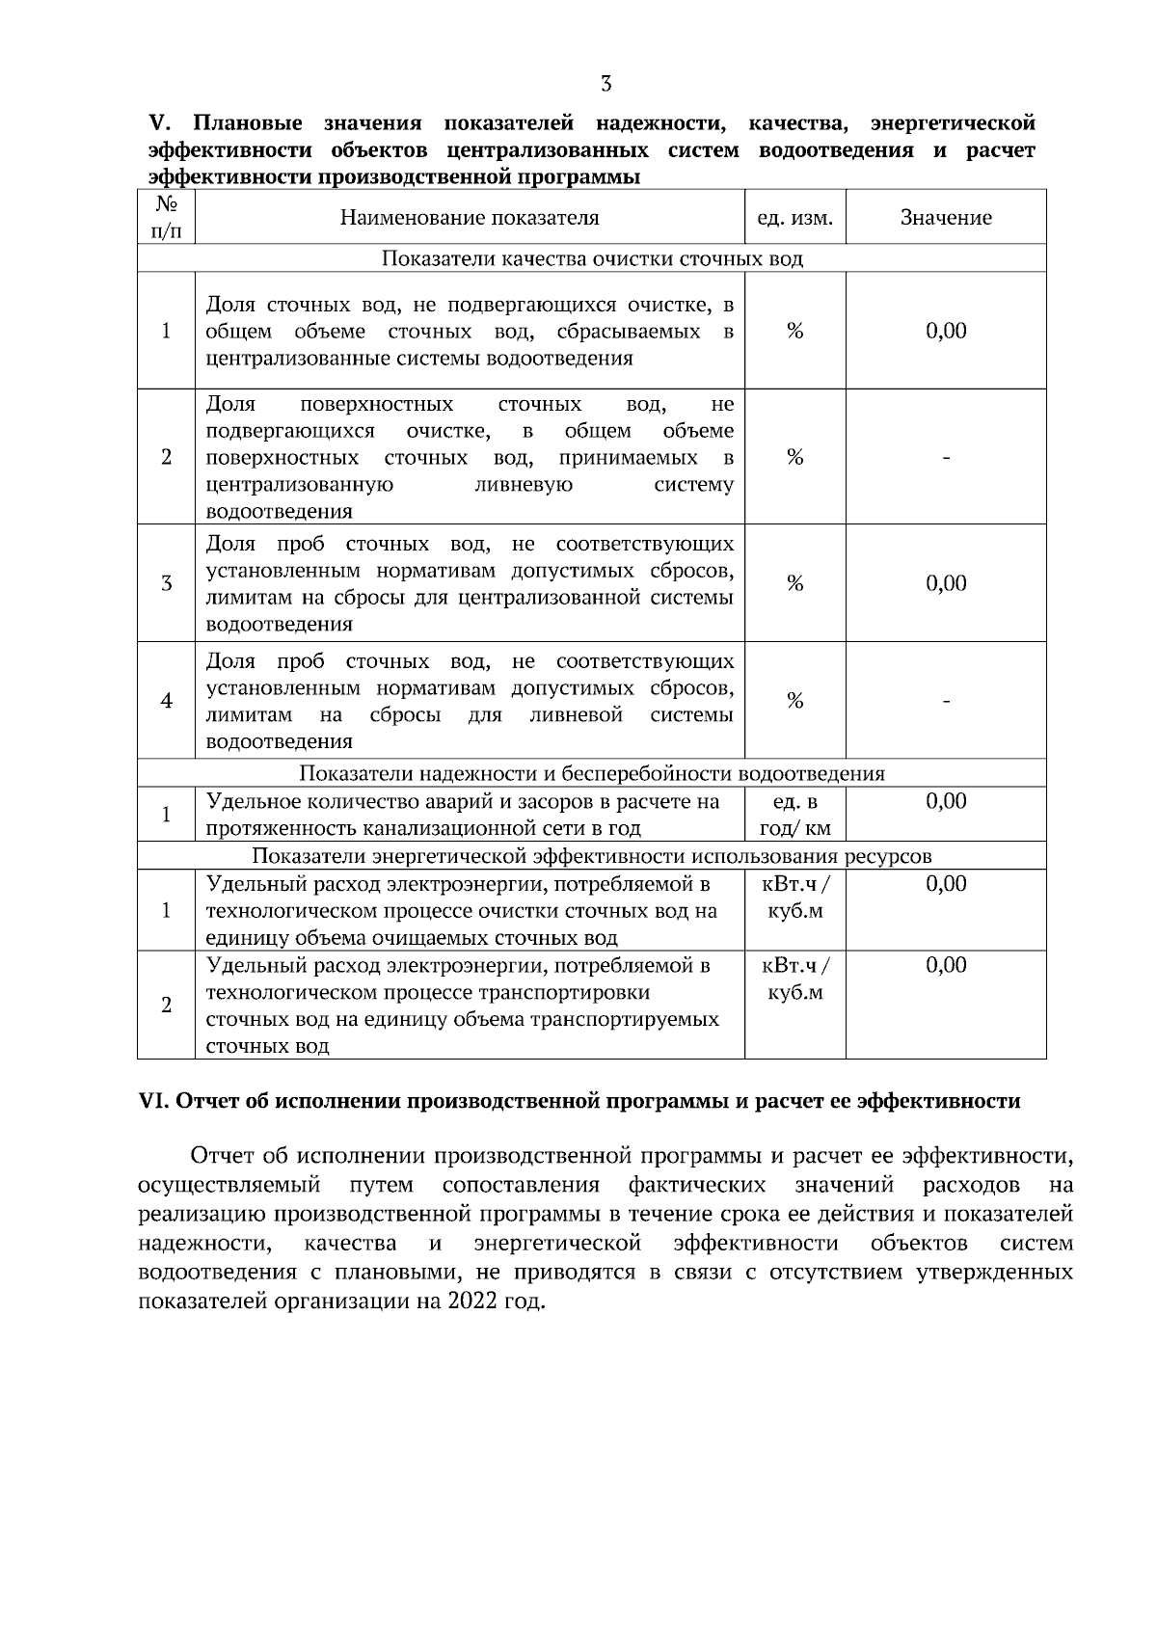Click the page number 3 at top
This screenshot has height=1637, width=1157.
click(x=605, y=84)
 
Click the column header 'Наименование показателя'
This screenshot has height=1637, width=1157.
click(x=470, y=218)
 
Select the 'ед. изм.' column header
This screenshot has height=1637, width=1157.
click(x=794, y=218)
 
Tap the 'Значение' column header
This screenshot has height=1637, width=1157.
click(x=946, y=218)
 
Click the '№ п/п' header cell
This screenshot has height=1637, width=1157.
click(x=166, y=218)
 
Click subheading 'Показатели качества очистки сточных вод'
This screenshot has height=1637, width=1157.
click(x=592, y=259)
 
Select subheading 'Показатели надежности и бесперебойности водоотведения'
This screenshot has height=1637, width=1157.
click(x=592, y=774)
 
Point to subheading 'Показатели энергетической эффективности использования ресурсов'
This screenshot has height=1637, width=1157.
click(x=592, y=857)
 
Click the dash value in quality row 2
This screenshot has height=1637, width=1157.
click(x=946, y=458)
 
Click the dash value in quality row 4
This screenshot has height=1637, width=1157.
click(x=946, y=701)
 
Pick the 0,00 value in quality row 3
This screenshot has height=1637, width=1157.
click(x=946, y=583)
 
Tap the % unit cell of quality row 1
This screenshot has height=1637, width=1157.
click(x=794, y=331)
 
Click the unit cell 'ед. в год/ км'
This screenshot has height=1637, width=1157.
click(x=794, y=816)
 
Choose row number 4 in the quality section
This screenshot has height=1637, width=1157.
click(x=166, y=701)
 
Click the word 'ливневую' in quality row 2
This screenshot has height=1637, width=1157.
click(x=525, y=485)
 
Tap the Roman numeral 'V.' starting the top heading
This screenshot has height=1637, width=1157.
click(x=159, y=124)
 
